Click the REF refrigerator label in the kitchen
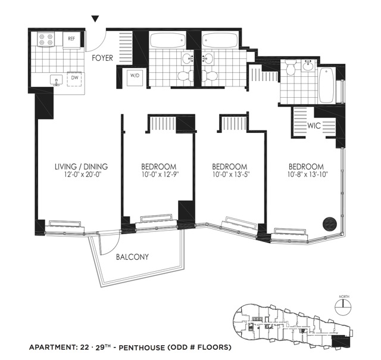[x=71, y=39]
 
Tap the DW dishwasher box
[x=76, y=78]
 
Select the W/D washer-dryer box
[x=135, y=77]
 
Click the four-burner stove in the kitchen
[x=46, y=40]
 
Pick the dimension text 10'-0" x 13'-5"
[x=230, y=176]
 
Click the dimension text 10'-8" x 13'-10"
[x=307, y=176]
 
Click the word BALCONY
[x=133, y=257]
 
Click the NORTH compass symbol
[x=343, y=306]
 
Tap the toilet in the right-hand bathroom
[x=291, y=70]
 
